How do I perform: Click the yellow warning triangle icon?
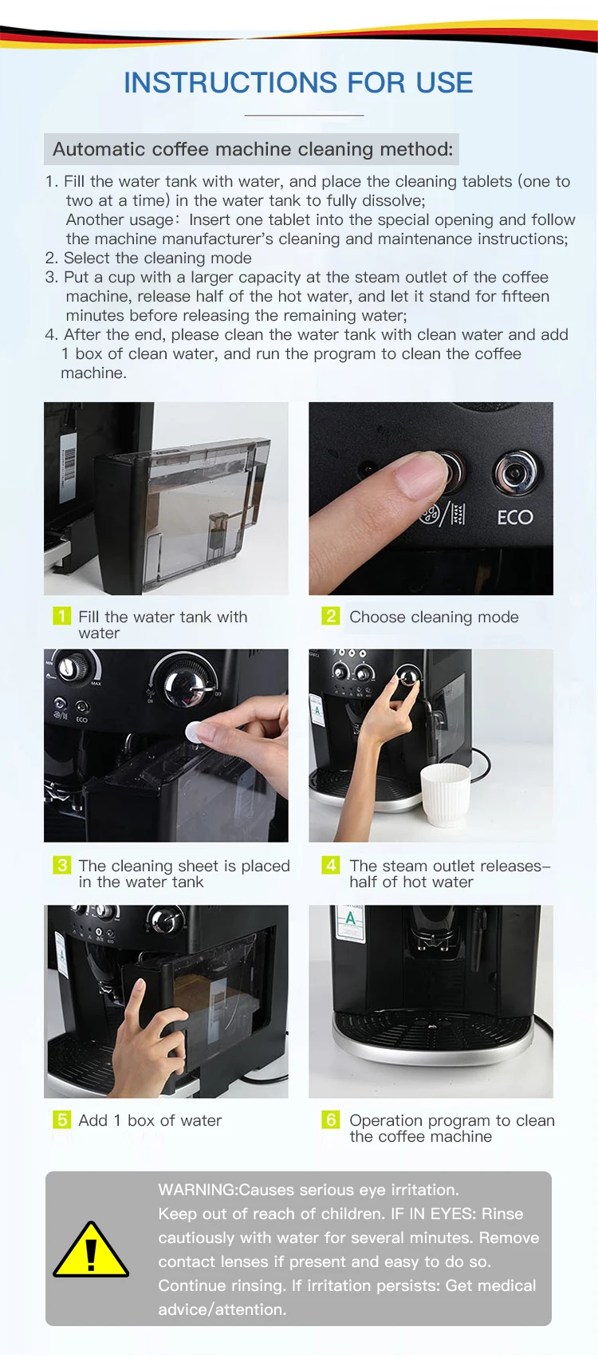point(91,1251)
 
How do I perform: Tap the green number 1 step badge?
point(62,616)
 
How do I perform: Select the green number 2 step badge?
point(330,616)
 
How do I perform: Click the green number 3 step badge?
point(62,865)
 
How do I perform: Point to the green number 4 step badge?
point(330,865)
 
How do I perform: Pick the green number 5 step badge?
point(62,1119)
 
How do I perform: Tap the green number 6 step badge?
point(330,1119)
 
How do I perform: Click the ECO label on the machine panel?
point(515,517)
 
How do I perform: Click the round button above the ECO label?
point(515,472)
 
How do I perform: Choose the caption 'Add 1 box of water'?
point(150,1120)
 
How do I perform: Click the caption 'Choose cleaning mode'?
point(434,617)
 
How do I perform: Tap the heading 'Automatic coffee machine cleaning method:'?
point(253,149)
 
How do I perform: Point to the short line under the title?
point(304,115)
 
